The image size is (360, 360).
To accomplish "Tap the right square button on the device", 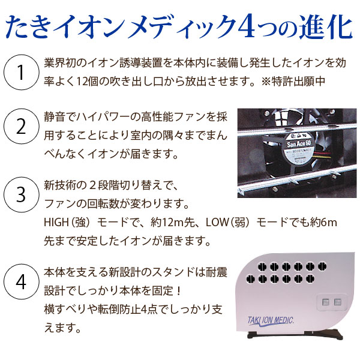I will click(339, 303).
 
